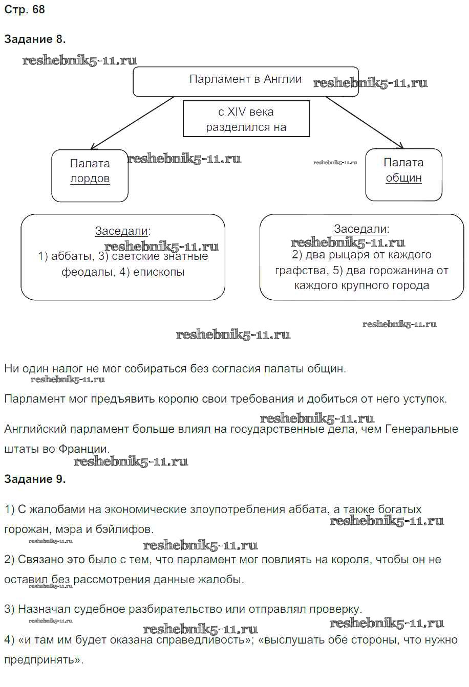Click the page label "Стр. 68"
tap(24, 10)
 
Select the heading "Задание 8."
tap(35, 39)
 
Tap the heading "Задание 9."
tap(35, 479)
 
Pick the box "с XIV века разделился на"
tap(246, 119)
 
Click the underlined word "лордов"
tap(90, 179)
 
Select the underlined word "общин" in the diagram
tap(403, 178)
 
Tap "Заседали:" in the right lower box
tap(361, 229)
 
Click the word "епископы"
tap(159, 272)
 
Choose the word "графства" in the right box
tap(300, 271)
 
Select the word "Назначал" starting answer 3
tap(44, 609)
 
